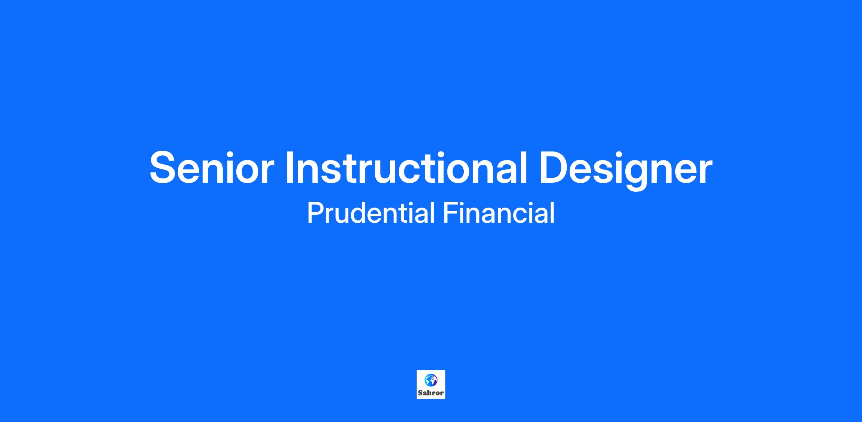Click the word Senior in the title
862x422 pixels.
point(212,168)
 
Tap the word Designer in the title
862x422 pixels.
point(626,169)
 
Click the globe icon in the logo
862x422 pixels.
point(431,380)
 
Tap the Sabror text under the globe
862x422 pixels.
point(431,393)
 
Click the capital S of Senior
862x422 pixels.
point(164,168)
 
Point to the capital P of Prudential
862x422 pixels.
point(315,213)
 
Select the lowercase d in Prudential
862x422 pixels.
point(360,213)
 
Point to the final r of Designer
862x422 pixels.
point(705,172)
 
